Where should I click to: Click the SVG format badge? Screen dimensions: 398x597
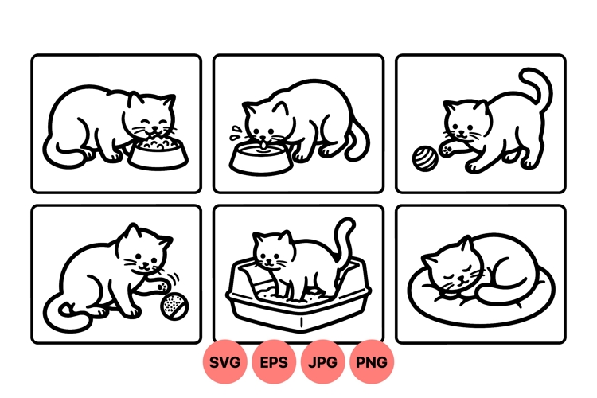click(x=225, y=362)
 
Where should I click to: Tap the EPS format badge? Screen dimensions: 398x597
click(x=274, y=362)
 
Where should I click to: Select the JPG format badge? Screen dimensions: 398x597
click(x=322, y=362)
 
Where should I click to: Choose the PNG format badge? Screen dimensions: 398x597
click(x=372, y=362)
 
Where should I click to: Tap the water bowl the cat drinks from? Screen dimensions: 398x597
click(x=259, y=158)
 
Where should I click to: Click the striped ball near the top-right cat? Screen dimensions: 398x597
click(x=425, y=157)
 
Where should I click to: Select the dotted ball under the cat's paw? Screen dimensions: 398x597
click(x=173, y=307)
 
